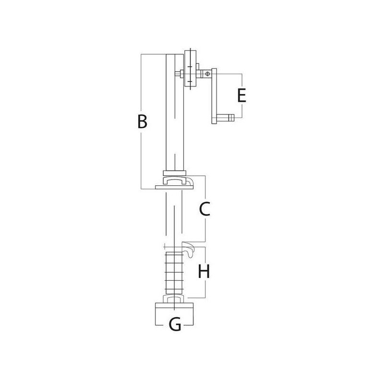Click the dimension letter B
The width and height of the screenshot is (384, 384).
point(142,121)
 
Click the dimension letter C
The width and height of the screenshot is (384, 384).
point(205,209)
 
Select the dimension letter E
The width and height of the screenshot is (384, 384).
point(241,96)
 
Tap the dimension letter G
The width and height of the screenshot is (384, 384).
point(175,324)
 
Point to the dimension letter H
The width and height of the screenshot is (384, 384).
point(204,271)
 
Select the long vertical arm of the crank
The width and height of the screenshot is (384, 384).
point(214,96)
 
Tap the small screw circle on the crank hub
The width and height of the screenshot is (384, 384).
point(207,73)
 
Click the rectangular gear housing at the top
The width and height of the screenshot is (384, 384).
point(190,69)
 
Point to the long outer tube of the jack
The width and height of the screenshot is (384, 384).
point(175,112)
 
